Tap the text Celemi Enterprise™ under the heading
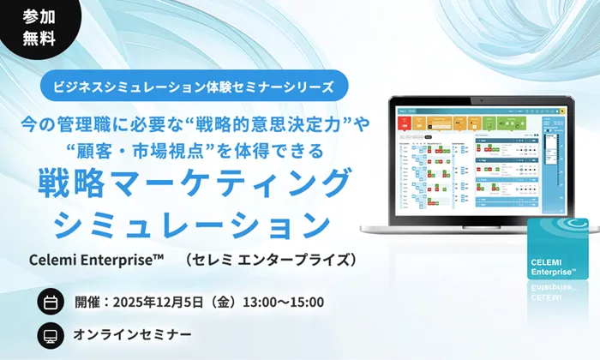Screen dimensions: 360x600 click(95, 259)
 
